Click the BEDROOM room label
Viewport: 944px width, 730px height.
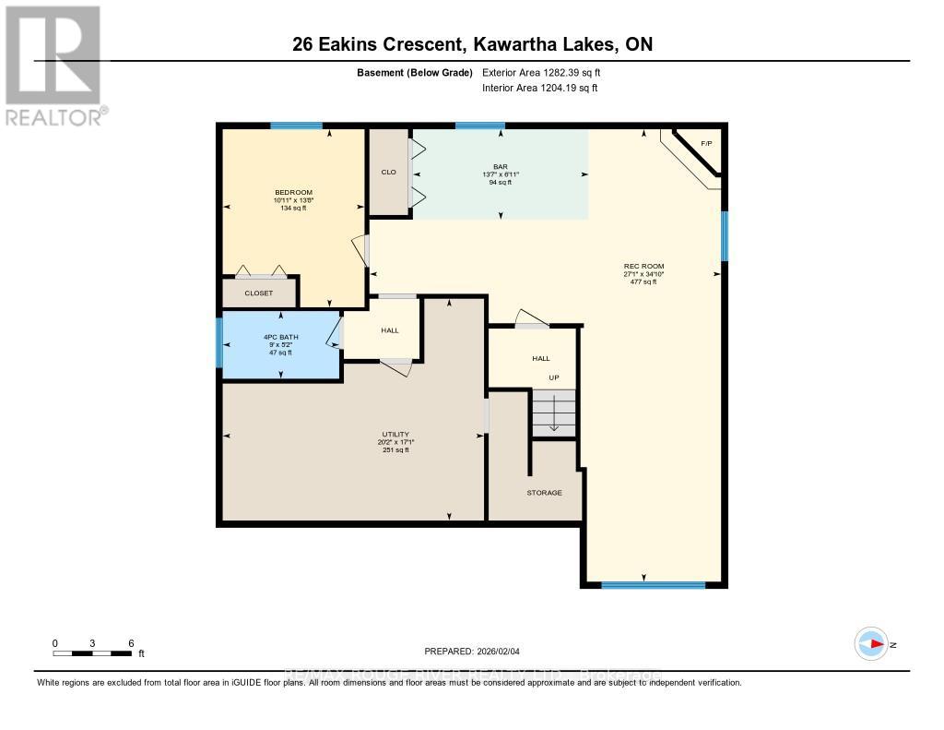click(x=293, y=192)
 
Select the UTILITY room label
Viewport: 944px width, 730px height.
click(x=395, y=434)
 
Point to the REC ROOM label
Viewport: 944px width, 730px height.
click(x=643, y=267)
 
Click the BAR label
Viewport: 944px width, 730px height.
click(x=501, y=166)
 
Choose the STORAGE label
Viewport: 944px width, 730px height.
click(x=544, y=493)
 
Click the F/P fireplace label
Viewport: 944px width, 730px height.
click(x=706, y=144)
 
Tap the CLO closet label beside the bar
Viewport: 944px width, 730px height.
click(x=388, y=171)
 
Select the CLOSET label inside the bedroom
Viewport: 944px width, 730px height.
click(x=258, y=293)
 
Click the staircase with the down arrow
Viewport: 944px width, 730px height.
click(x=553, y=413)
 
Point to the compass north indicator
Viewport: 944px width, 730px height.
click(x=871, y=644)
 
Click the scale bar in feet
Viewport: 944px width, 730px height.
click(x=92, y=652)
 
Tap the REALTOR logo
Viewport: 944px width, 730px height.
click(x=53, y=65)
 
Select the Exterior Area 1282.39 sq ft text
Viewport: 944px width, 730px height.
click(x=541, y=72)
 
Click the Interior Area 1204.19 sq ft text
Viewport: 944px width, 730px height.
click(x=540, y=89)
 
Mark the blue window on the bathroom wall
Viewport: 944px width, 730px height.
click(x=219, y=341)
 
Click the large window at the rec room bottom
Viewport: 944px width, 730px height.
click(x=653, y=584)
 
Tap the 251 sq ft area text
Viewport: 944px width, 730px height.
click(x=395, y=450)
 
